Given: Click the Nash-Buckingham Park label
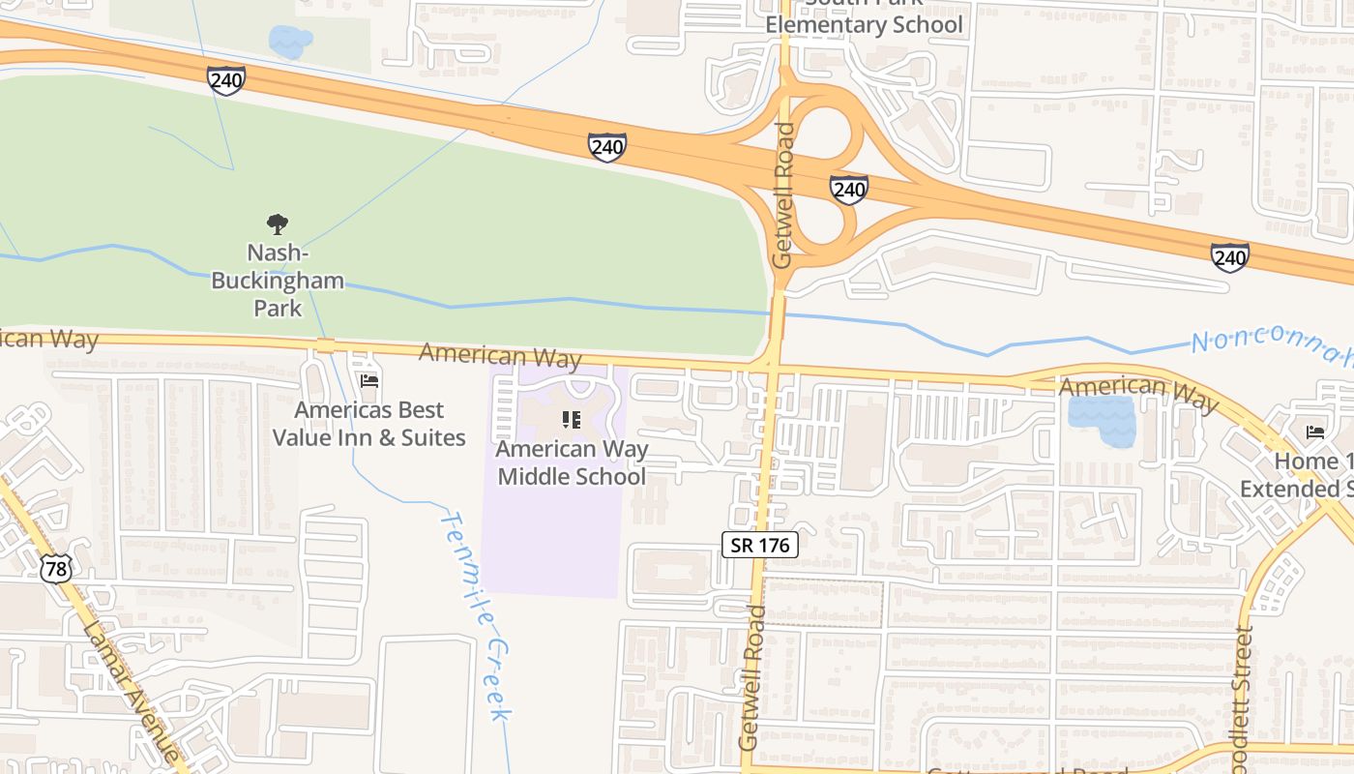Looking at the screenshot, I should (278, 281).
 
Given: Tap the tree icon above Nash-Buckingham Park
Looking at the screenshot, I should (278, 224).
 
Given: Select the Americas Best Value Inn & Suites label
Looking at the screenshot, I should (368, 424).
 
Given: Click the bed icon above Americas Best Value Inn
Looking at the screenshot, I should (368, 381).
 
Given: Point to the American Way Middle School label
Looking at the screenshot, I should (572, 462).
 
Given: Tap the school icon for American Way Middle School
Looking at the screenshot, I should (572, 420).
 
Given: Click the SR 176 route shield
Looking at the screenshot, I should (760, 545).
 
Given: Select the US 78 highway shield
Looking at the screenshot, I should (56, 569).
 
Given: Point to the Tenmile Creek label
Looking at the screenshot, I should (475, 615).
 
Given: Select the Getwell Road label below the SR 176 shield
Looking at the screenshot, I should (752, 677).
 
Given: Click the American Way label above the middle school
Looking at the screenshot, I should (500, 355).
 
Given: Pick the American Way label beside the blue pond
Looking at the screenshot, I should (1138, 391).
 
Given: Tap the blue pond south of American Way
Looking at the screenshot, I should (1101, 421).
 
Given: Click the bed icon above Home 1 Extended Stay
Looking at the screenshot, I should (1314, 432).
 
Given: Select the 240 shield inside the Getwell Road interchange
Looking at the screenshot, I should (848, 189).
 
